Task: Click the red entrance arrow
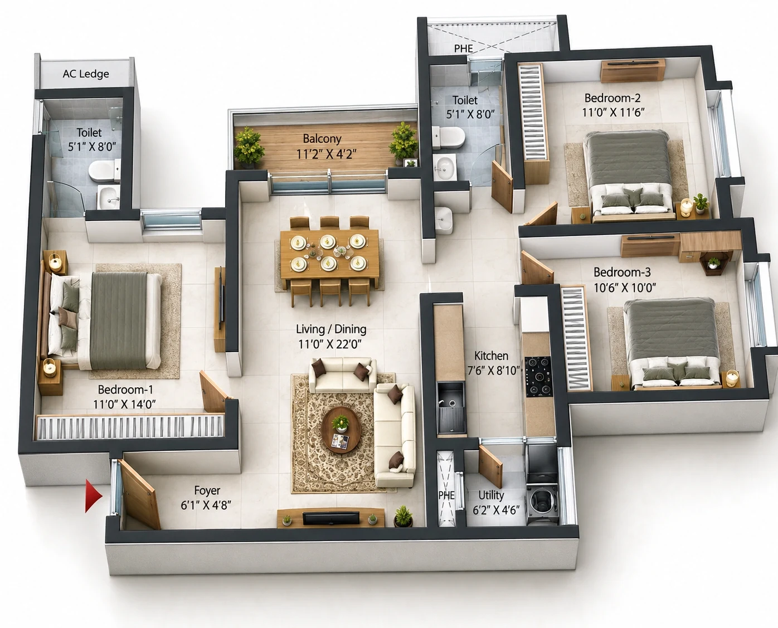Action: (x=93, y=496)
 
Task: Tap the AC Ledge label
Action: (x=86, y=74)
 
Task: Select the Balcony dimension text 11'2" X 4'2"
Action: (x=326, y=154)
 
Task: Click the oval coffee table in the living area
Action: (x=341, y=430)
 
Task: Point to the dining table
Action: (x=329, y=254)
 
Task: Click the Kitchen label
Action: (x=491, y=356)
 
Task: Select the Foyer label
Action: (x=207, y=490)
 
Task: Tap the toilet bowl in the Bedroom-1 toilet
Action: (x=104, y=172)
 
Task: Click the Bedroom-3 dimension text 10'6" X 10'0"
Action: (x=625, y=288)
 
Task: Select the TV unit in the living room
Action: (x=330, y=518)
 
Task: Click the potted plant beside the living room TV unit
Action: (x=403, y=516)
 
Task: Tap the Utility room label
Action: (x=491, y=495)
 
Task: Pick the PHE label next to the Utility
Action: (x=446, y=495)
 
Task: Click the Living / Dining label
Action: (x=331, y=329)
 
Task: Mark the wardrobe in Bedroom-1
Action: (x=130, y=426)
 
